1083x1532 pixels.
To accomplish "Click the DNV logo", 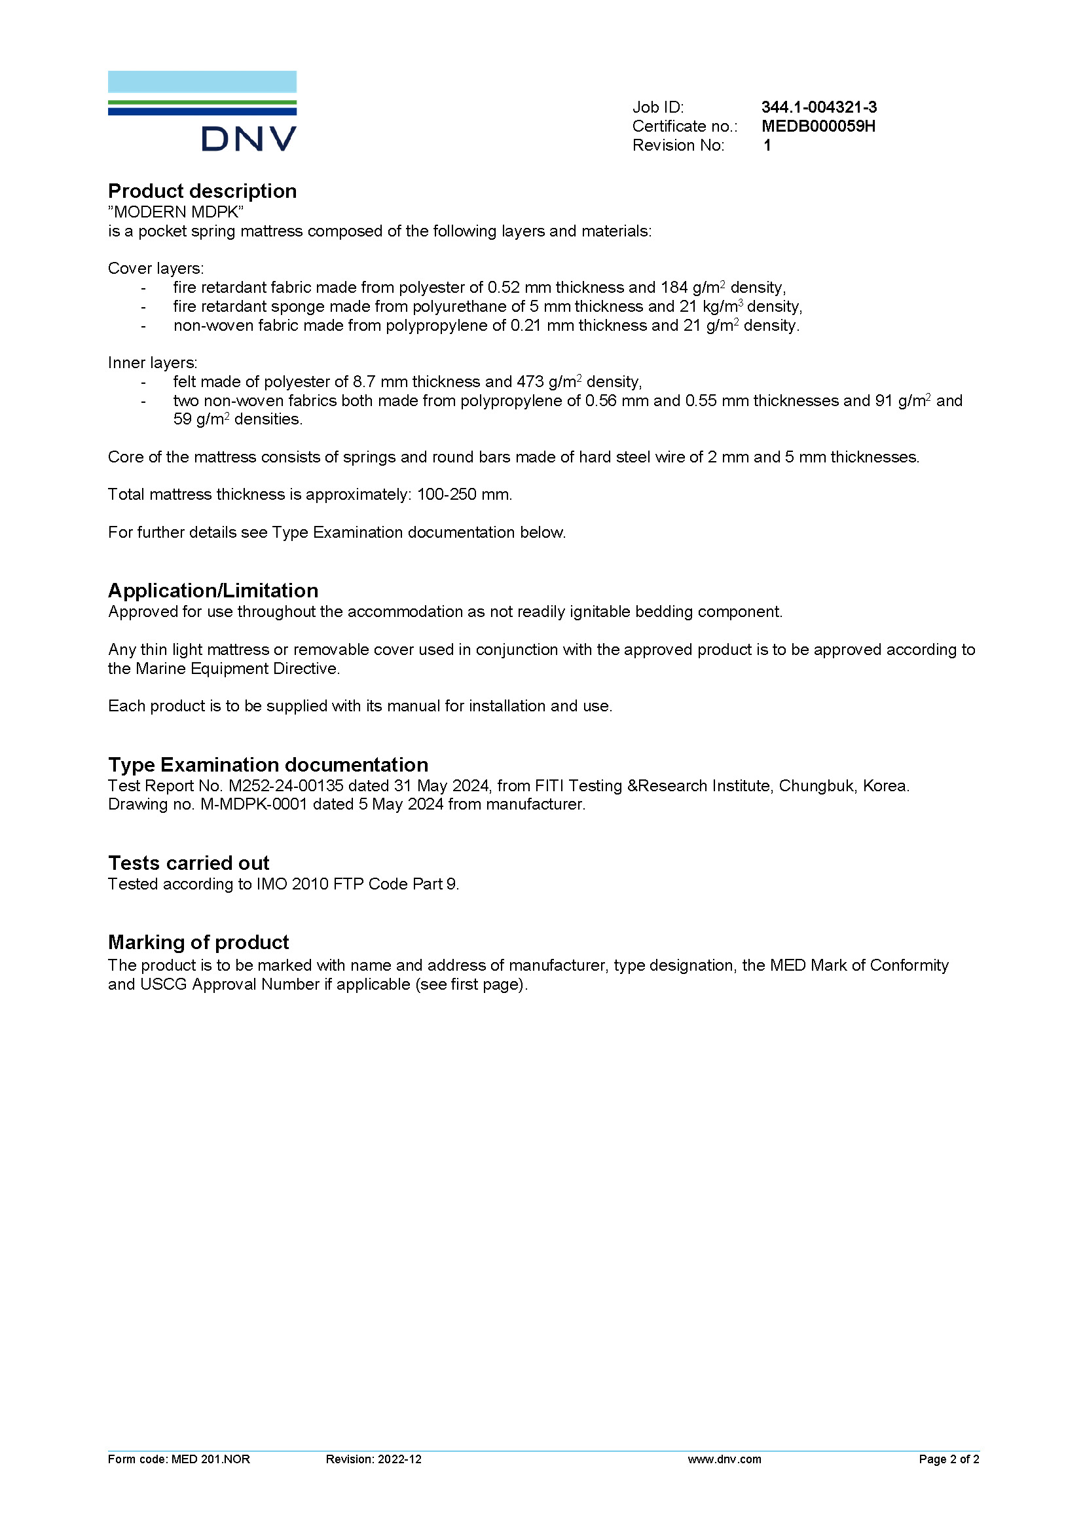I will [202, 111].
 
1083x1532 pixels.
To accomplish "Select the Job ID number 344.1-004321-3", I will [819, 107].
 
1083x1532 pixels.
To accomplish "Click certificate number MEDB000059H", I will [818, 126].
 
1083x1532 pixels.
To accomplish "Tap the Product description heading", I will [202, 191].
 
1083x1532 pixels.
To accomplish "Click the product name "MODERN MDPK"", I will [176, 212].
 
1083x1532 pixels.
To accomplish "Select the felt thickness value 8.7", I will [364, 382].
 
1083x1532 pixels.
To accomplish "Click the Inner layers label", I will [153, 363].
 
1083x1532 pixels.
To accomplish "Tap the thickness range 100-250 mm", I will [464, 495].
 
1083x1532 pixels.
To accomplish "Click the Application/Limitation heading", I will [213, 591].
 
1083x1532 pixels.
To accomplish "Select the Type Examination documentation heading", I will [268, 764].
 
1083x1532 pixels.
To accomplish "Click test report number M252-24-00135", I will [286, 786].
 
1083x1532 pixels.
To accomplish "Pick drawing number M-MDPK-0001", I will [254, 805].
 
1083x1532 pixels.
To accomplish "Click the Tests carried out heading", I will [189, 863].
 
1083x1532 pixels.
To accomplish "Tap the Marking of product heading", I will [198, 942].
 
